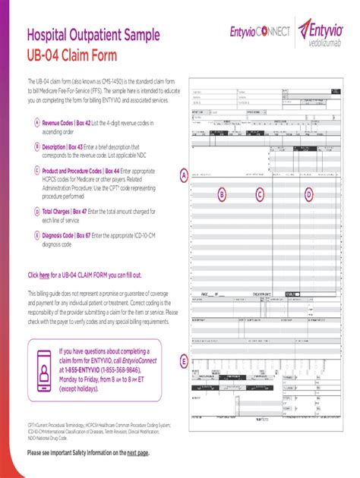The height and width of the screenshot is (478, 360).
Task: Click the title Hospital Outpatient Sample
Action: (100, 33)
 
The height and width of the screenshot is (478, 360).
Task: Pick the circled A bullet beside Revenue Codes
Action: (36, 123)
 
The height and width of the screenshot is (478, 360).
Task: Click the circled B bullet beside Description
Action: (36, 147)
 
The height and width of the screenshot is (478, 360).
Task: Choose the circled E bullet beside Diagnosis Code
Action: (36, 236)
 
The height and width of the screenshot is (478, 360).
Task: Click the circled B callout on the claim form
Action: (222, 195)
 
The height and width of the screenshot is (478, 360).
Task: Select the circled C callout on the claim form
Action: (260, 195)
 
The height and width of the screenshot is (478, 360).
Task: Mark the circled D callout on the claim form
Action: (309, 195)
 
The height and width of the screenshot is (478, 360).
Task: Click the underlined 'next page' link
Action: (137, 452)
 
